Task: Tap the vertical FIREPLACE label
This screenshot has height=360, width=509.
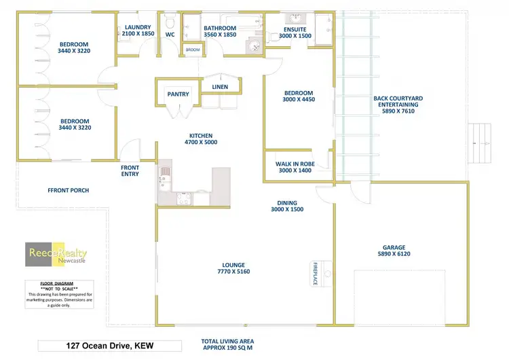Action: tap(316, 273)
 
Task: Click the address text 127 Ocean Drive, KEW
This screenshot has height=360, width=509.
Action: tap(106, 346)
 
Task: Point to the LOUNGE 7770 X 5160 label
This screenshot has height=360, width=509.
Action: tap(233, 268)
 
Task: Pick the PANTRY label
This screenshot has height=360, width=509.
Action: tap(178, 94)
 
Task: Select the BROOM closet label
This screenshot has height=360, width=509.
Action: tap(193, 50)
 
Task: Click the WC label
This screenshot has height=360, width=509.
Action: tap(170, 34)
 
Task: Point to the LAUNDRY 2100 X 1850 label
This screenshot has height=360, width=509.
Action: tap(138, 31)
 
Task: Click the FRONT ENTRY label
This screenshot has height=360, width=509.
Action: tap(130, 170)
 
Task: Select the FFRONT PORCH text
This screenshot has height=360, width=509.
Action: tap(68, 190)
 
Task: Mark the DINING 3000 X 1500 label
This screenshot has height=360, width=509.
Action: tap(286, 206)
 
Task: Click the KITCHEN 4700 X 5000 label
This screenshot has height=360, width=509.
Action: tap(201, 139)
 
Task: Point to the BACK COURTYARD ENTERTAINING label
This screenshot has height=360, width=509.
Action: tap(398, 105)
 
